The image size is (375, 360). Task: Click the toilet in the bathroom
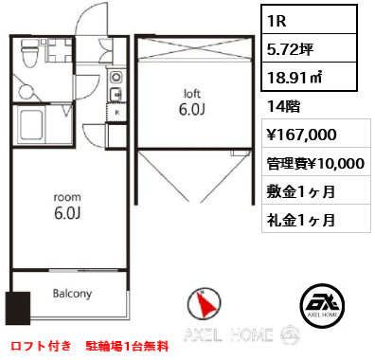click(29, 53)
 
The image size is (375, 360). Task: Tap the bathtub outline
click(31, 125)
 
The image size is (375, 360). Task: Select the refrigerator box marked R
click(116, 112)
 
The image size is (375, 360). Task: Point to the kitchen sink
click(116, 94)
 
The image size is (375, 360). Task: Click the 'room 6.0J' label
click(67, 207)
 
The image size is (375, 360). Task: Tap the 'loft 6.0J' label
click(192, 102)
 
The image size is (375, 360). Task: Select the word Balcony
click(72, 294)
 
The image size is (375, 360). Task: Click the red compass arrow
click(205, 303)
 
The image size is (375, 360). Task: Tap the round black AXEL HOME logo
click(322, 305)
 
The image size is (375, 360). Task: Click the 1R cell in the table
click(309, 20)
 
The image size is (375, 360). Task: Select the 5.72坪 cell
click(309, 48)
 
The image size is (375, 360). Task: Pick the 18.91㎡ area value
click(309, 77)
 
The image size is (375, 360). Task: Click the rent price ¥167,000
click(302, 135)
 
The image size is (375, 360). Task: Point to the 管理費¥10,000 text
click(315, 163)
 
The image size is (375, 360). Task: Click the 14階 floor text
click(283, 106)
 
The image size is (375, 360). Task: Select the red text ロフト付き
click(42, 346)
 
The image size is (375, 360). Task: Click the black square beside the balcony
click(18, 308)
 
